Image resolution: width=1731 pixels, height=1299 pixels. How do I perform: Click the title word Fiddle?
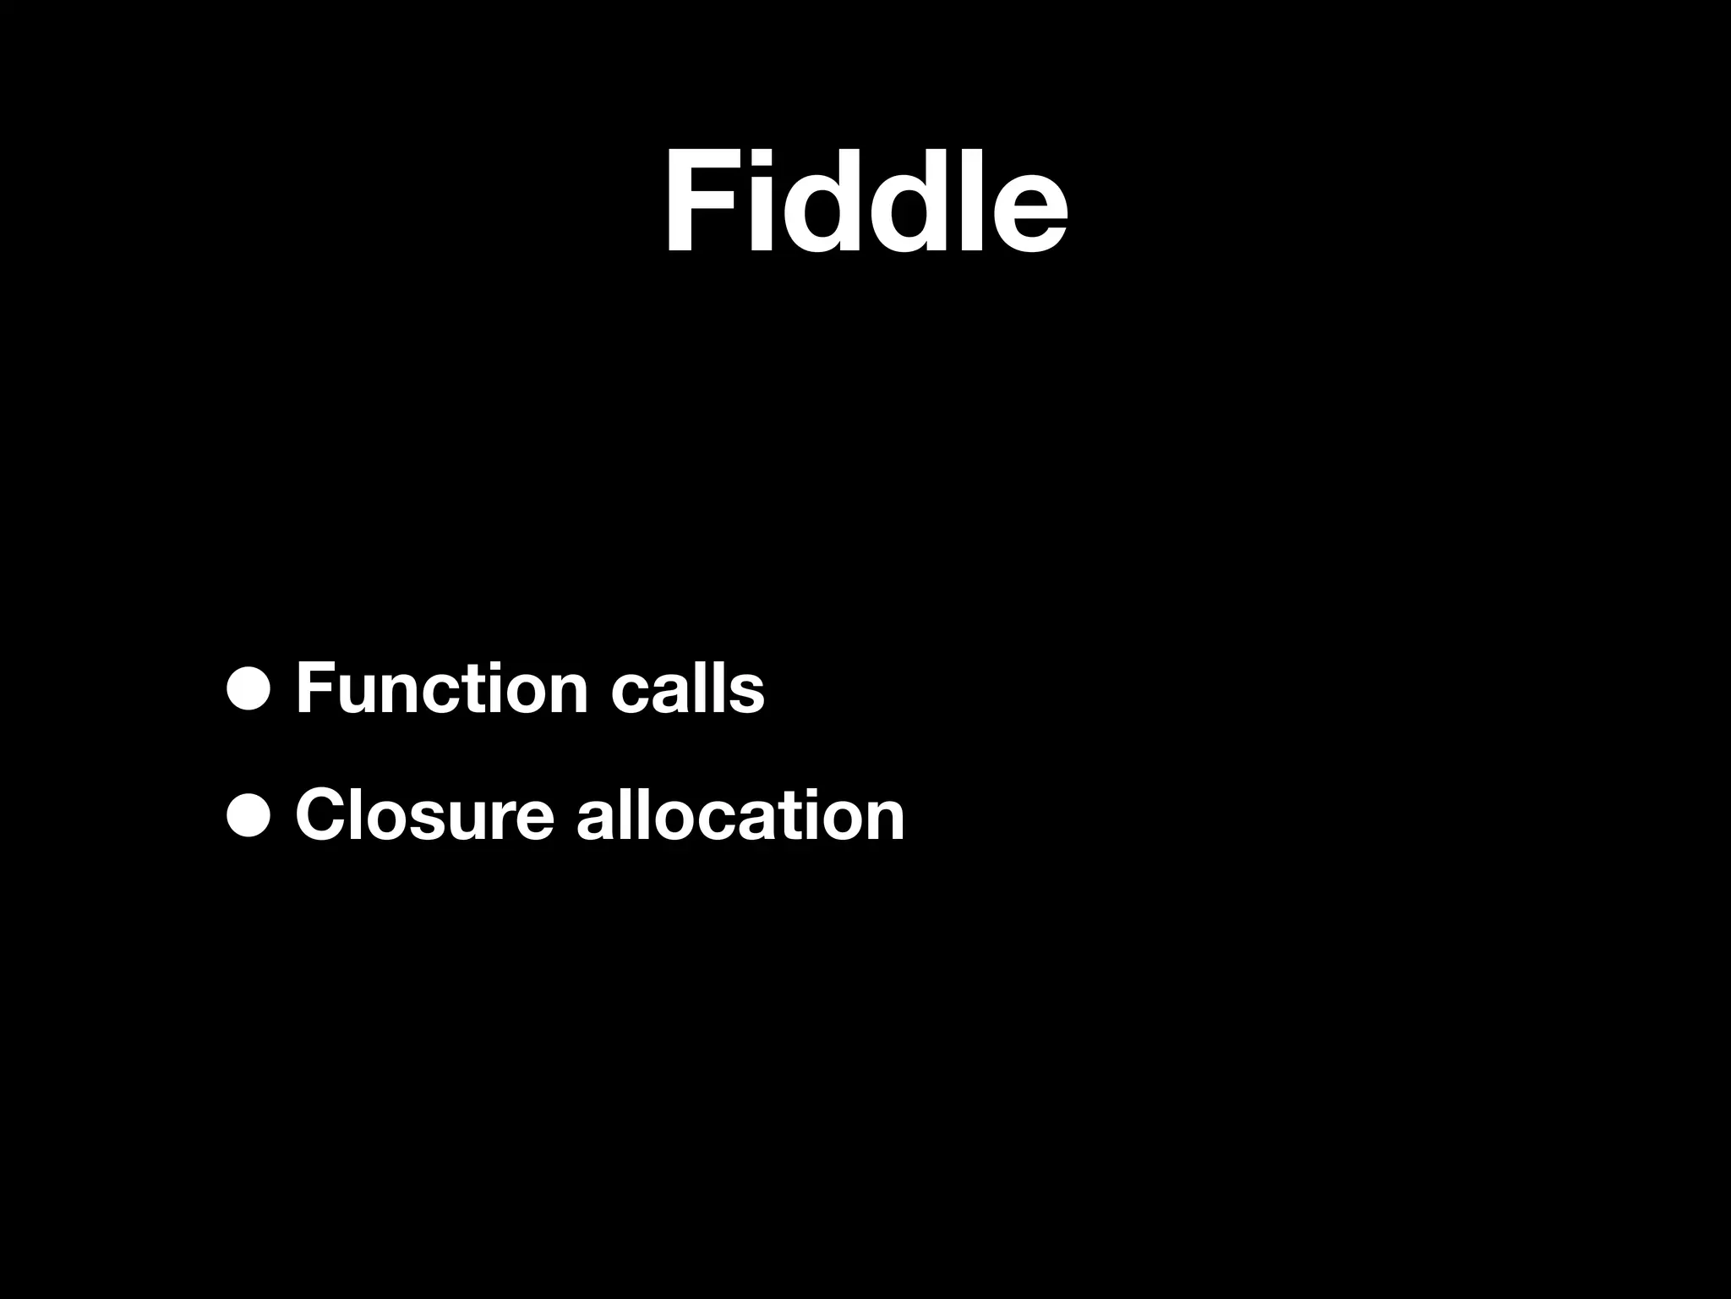(x=865, y=203)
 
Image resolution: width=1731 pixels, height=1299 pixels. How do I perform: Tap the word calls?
(x=687, y=689)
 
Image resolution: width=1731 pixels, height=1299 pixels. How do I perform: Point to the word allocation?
(x=740, y=815)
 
